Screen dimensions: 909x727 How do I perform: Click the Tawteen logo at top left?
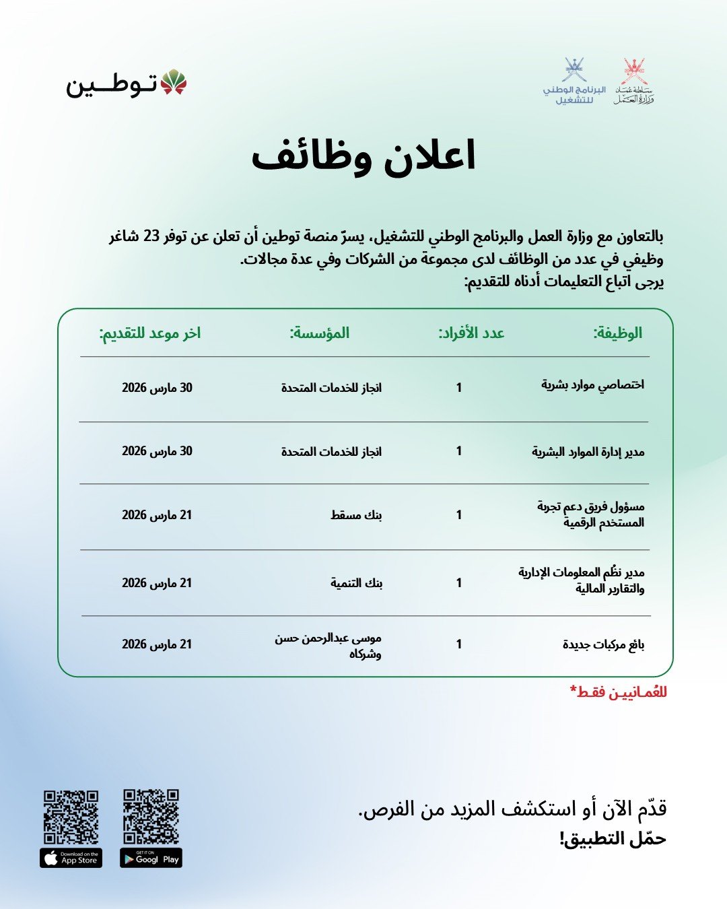[x=126, y=83]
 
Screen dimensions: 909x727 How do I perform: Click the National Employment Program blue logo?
[x=574, y=81]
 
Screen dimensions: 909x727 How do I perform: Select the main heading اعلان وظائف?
[x=363, y=157]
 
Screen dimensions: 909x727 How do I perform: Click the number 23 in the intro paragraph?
[x=151, y=237]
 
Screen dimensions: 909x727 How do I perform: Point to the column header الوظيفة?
[x=617, y=333]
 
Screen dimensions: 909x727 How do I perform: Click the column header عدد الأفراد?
[x=471, y=333]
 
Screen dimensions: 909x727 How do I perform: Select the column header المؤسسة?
[x=320, y=333]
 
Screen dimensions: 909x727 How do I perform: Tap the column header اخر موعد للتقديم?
[x=150, y=333]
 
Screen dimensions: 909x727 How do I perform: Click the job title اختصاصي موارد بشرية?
[x=592, y=385]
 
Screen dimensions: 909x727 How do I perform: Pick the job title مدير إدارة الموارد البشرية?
[x=588, y=451]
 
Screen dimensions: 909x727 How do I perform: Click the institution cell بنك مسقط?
[x=356, y=515]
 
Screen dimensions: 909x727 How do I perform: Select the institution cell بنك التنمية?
[x=356, y=583]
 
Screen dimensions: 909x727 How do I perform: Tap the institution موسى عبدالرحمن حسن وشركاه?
[x=328, y=645]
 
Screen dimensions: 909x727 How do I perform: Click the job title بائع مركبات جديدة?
[x=603, y=645]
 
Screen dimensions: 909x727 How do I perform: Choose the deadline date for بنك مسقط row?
[x=157, y=515]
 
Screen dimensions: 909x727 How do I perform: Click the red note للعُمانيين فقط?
[x=618, y=692]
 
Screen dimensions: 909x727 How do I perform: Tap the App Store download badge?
[x=71, y=858]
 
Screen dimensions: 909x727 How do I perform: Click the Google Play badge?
[x=151, y=858]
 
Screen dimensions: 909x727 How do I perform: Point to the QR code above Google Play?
[x=151, y=816]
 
